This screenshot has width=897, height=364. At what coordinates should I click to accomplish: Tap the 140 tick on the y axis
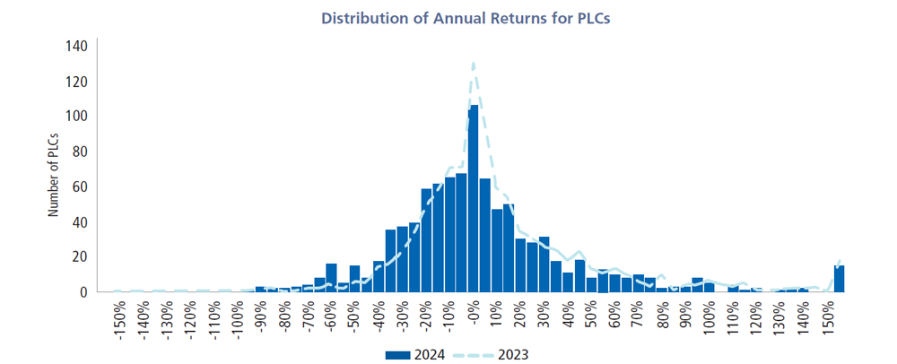point(76,47)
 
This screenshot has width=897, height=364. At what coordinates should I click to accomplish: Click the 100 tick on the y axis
point(76,117)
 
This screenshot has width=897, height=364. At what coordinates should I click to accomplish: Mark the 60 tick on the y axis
point(79,186)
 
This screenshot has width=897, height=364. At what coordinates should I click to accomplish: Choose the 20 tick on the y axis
point(79,256)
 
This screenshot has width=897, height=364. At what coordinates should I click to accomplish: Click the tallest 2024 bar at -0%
point(474,197)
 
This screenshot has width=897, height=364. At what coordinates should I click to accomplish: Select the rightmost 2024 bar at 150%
point(839,279)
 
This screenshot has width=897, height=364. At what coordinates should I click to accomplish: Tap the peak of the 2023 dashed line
point(473,64)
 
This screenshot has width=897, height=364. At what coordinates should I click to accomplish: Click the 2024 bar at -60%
point(331,278)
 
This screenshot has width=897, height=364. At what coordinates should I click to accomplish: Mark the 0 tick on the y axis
point(82,291)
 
